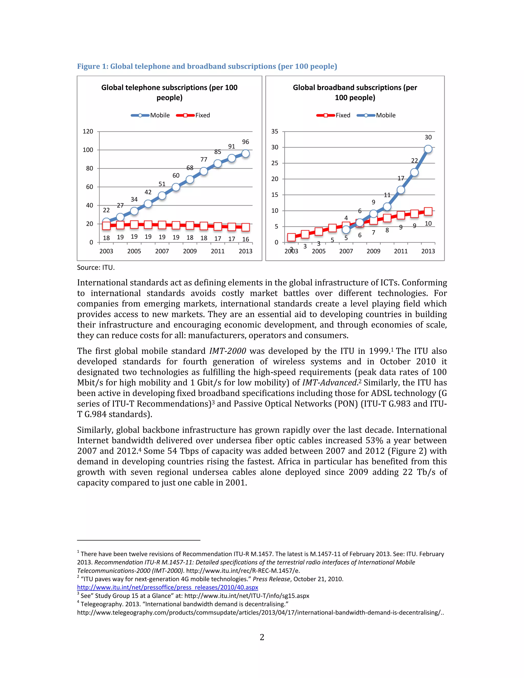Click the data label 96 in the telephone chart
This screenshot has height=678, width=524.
coord(245,142)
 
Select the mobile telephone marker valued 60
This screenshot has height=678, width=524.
coord(176,187)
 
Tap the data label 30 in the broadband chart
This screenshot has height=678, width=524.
coord(428,137)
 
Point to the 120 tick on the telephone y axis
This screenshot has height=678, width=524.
coord(88,131)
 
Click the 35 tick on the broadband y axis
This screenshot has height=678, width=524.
coord(275,131)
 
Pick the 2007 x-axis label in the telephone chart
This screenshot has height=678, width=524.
coord(162,251)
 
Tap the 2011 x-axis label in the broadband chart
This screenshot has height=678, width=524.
coord(400,251)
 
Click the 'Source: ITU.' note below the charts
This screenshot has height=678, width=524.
coord(96,268)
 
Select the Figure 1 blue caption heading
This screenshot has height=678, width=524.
coord(207,67)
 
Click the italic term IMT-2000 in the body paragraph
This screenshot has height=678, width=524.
coord(227,351)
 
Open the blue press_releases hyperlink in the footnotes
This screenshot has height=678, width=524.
coord(168,587)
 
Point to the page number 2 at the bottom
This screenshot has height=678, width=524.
coord(262,637)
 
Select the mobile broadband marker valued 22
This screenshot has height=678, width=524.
coord(414,173)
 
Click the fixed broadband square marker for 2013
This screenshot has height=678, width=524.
coord(428,212)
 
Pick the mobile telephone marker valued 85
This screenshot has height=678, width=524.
coord(218,163)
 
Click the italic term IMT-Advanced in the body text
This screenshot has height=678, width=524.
coord(329,383)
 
